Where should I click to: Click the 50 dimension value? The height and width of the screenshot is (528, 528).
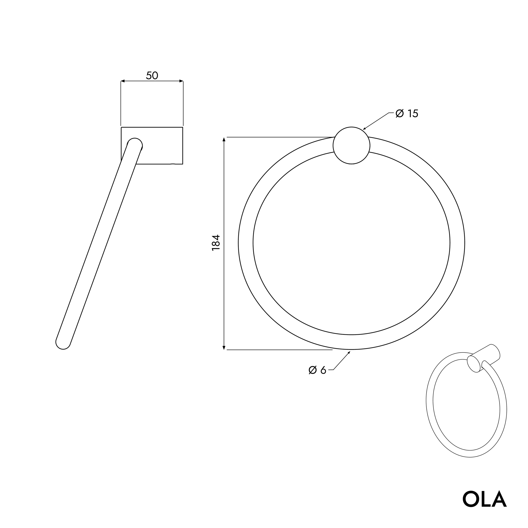[152, 75]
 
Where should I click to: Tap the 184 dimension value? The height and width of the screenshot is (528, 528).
[216, 243]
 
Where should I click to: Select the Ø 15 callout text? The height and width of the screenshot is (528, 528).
[407, 114]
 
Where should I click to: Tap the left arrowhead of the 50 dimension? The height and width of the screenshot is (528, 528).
[123, 81]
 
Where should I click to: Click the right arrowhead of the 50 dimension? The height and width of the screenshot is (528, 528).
[181, 81]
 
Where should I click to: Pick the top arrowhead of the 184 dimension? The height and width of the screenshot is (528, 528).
[224, 139]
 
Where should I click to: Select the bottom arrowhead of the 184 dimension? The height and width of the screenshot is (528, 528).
[224, 348]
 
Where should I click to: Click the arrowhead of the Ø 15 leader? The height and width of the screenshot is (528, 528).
[365, 128]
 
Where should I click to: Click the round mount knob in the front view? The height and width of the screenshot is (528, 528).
[351, 145]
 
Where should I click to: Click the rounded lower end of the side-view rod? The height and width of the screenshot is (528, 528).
[63, 343]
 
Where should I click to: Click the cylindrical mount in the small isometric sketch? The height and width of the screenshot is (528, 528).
[484, 358]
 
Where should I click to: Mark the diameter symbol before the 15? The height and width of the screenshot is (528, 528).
[400, 114]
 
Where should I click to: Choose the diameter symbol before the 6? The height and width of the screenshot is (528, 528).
[313, 370]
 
